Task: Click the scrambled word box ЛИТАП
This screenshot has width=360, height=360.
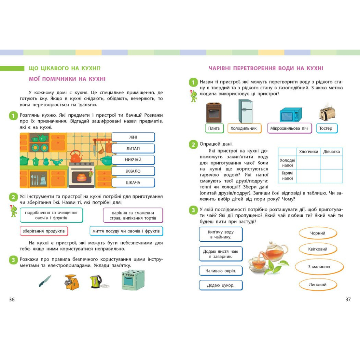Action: point(133,149)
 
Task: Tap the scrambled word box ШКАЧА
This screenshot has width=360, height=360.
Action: point(133,183)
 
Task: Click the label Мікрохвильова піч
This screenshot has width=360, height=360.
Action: point(290,128)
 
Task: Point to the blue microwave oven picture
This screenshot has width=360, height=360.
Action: point(290,115)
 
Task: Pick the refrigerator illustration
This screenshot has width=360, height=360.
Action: point(245,111)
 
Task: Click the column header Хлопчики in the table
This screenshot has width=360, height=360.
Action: point(309,152)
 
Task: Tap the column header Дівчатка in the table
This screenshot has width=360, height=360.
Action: point(331,152)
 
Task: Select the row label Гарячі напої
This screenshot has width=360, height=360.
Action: point(288,176)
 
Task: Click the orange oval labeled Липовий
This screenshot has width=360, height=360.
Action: point(318,285)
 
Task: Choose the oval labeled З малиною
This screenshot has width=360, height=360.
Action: point(319,267)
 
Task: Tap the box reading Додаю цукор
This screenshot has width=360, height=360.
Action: point(221,285)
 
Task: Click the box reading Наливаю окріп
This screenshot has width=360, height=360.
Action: point(221,271)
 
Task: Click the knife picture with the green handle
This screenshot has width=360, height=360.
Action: point(45,281)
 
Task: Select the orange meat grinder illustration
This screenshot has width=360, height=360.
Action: point(71,282)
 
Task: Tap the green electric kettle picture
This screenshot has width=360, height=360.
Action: point(96,282)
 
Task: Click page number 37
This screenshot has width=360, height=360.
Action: point(348,300)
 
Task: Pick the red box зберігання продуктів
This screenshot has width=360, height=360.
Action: point(44,231)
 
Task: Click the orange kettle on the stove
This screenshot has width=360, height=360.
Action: point(76,156)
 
